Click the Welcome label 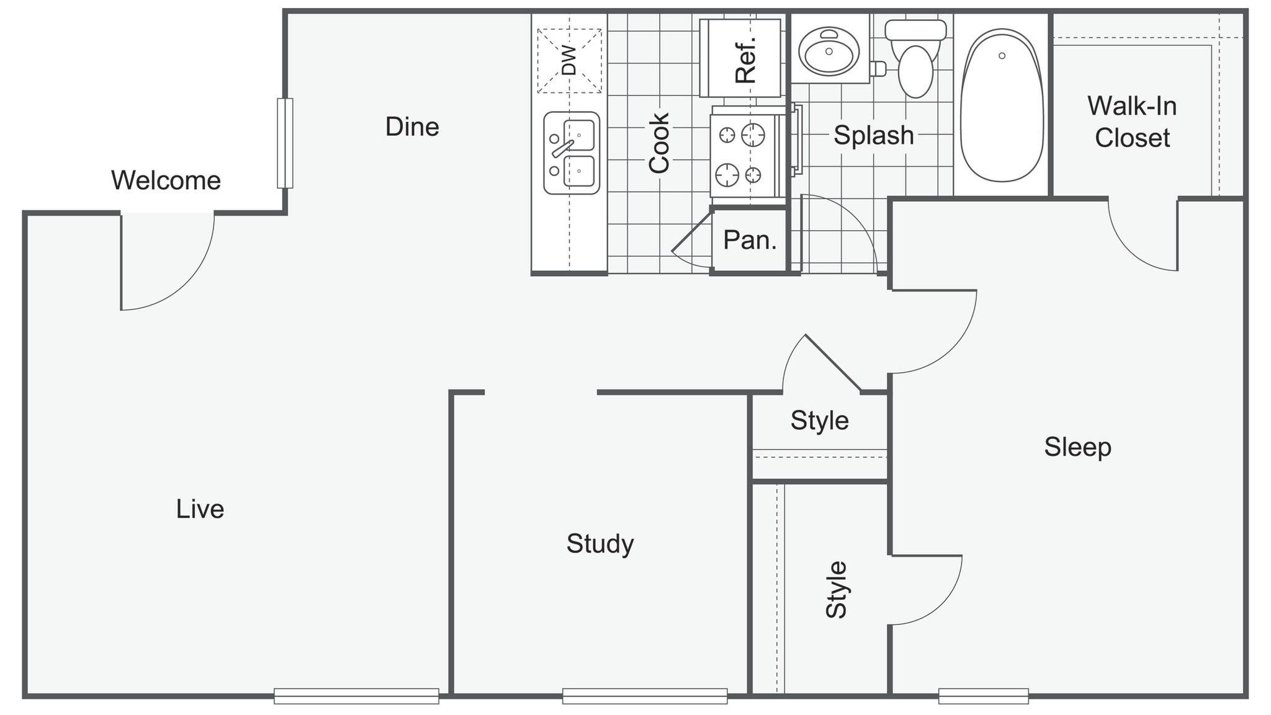pyautogui.click(x=166, y=180)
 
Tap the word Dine pyautogui.click(x=412, y=127)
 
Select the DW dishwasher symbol pyautogui.click(x=569, y=61)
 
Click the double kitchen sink pyautogui.click(x=572, y=153)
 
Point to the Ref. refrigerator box pyautogui.click(x=740, y=58)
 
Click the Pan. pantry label pyautogui.click(x=750, y=240)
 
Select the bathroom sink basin pyautogui.click(x=829, y=50)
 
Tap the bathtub pyautogui.click(x=1002, y=105)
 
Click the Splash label pyautogui.click(x=873, y=135)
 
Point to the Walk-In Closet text pyautogui.click(x=1132, y=122)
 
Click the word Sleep pyautogui.click(x=1077, y=446)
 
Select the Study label pyautogui.click(x=600, y=543)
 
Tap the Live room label pyautogui.click(x=200, y=508)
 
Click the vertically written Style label pyautogui.click(x=837, y=589)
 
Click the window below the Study pyautogui.click(x=644, y=696)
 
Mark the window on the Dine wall pyautogui.click(x=285, y=143)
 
